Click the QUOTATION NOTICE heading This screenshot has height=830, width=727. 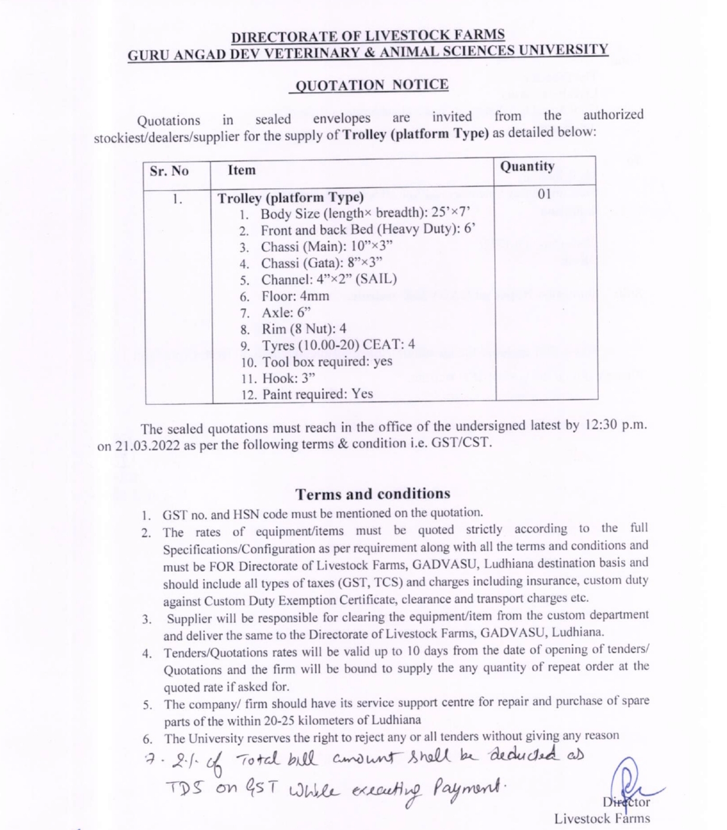click(372, 85)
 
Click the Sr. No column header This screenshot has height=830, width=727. click(169, 171)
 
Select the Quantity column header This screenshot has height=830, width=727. click(527, 166)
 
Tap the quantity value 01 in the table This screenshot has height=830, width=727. click(544, 194)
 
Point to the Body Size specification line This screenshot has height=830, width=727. click(365, 213)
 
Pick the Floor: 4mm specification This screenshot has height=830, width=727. click(295, 296)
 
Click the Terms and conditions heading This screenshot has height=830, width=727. click(373, 494)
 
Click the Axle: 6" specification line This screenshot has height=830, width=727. click(286, 312)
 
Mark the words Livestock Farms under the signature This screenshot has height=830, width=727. click(602, 819)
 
